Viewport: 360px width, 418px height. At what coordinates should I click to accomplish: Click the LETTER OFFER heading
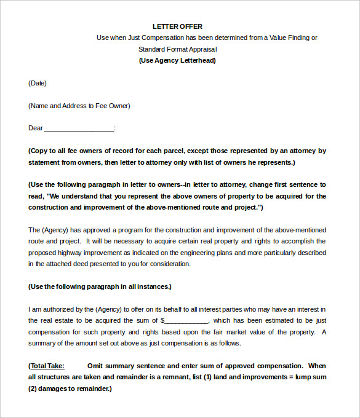(x=177, y=26)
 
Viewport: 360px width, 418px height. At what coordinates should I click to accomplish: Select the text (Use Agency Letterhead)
(x=177, y=60)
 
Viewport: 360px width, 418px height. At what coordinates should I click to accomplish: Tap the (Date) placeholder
(x=38, y=83)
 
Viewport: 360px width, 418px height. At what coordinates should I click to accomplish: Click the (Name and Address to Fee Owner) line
(x=79, y=106)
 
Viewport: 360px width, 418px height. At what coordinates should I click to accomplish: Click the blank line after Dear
(x=79, y=128)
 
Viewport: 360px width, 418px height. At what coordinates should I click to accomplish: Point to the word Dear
(x=36, y=128)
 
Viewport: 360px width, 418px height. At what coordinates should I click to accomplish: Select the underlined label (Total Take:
(x=46, y=366)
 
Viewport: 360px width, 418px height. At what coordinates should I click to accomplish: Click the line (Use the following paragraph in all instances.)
(x=100, y=286)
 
